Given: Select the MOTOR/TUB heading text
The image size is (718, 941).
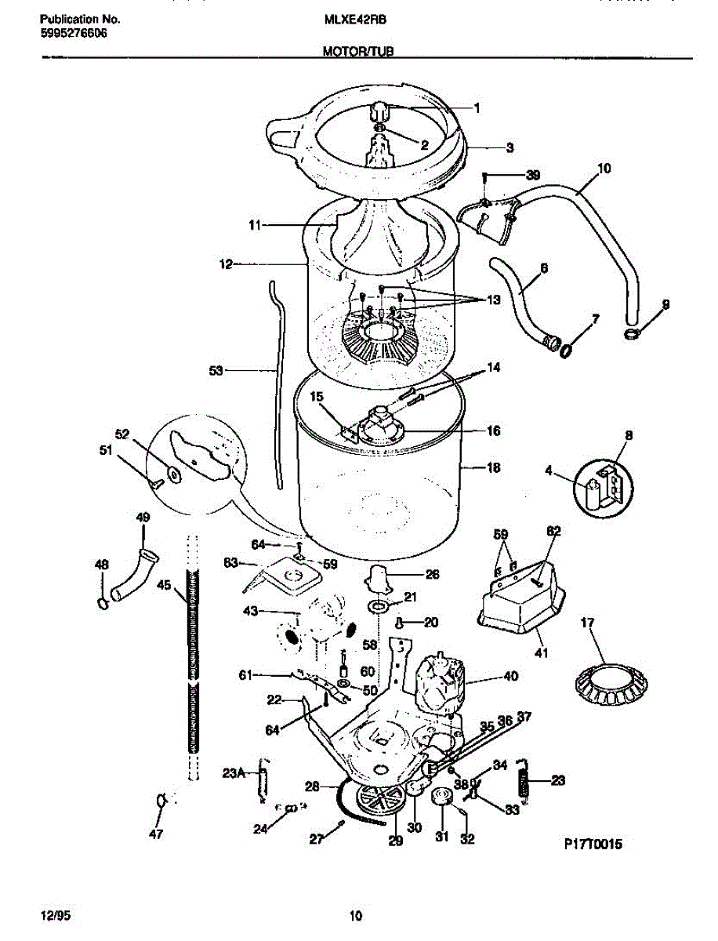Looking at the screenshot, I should pyautogui.click(x=357, y=52).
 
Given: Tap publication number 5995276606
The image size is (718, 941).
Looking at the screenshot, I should pyautogui.click(x=73, y=34).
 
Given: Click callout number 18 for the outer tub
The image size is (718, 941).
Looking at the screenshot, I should pyautogui.click(x=494, y=468).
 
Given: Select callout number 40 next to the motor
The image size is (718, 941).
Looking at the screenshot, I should pyautogui.click(x=510, y=675).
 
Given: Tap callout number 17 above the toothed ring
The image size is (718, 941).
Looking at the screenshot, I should pyautogui.click(x=586, y=624).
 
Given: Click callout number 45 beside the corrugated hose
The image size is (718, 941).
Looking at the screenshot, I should pyautogui.click(x=164, y=583).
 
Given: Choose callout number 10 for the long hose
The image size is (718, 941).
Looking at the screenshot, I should pyautogui.click(x=604, y=168).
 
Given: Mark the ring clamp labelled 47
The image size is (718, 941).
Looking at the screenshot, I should pyautogui.click(x=161, y=800).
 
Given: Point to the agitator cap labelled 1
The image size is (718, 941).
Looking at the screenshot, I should pyautogui.click(x=380, y=109).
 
